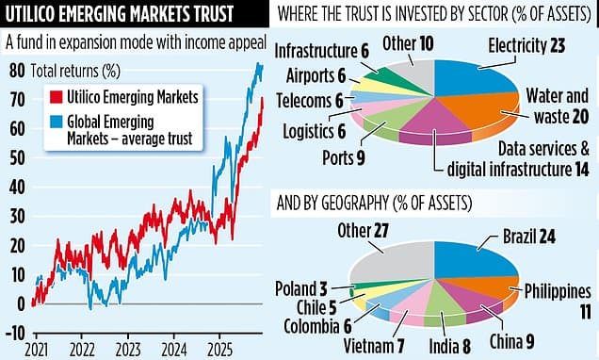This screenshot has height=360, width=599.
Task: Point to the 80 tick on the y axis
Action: (16, 71)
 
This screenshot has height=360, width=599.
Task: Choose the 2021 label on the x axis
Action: (38, 346)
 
